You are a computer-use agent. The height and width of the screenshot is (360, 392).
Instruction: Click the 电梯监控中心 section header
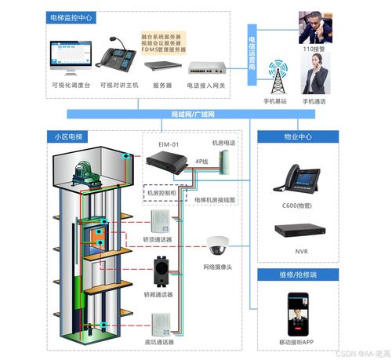(x=71, y=16)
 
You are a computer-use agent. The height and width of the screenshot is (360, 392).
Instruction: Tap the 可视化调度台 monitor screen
(x=69, y=57)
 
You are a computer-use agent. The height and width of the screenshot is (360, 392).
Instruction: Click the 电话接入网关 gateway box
(x=205, y=67)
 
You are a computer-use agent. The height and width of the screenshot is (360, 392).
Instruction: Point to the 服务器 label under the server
(x=162, y=85)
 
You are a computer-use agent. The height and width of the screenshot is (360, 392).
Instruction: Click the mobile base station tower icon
(x=276, y=78)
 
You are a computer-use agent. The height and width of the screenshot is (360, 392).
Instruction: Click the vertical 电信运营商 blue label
(x=252, y=53)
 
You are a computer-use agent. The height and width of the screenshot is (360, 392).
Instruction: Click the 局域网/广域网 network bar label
(x=193, y=115)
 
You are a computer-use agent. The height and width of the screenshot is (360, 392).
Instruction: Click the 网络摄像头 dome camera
(x=216, y=246)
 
